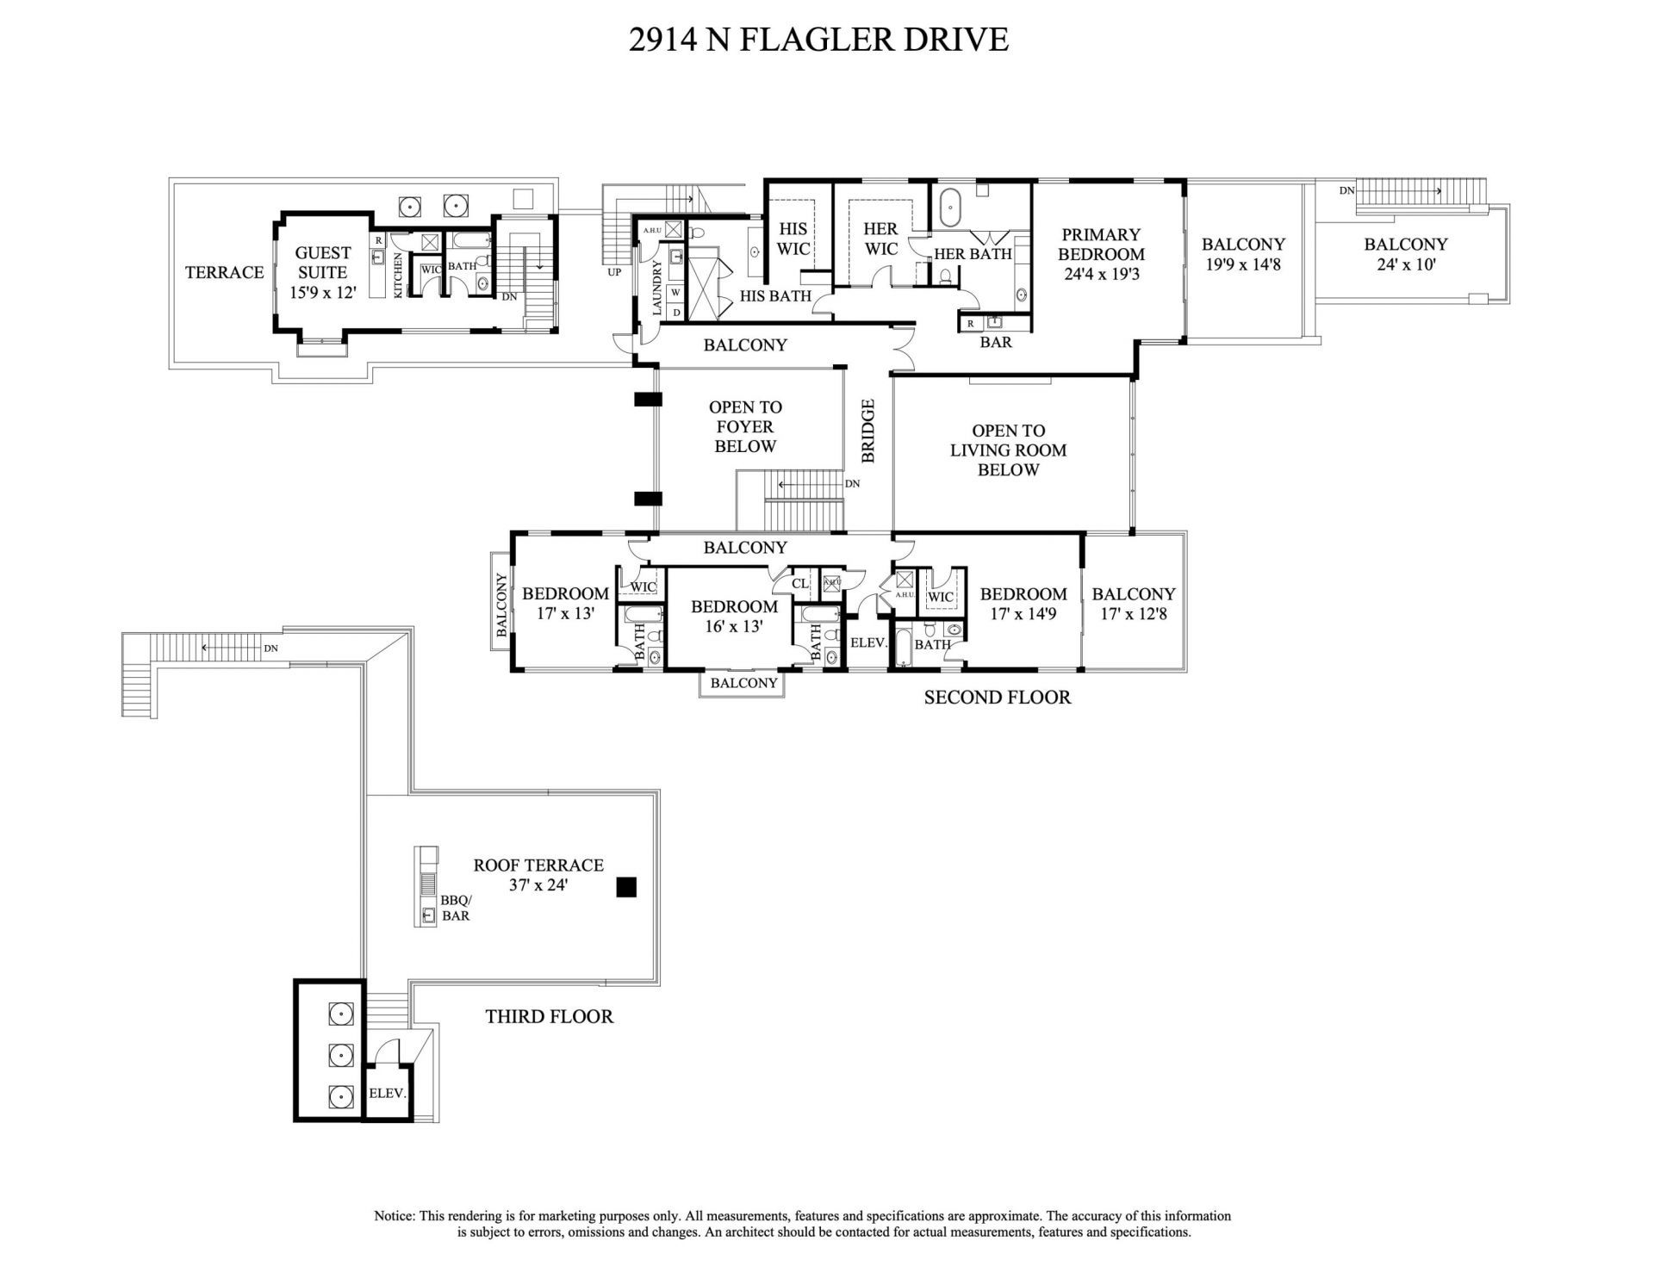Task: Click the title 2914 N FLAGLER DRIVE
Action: click(x=818, y=40)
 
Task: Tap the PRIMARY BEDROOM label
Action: click(x=1101, y=255)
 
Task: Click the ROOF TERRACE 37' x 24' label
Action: click(x=538, y=874)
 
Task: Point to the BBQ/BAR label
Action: click(x=456, y=908)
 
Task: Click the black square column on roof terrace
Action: click(x=627, y=887)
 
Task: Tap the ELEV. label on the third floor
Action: click(x=387, y=1093)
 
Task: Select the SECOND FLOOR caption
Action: click(x=997, y=698)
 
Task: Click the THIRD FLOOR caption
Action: click(x=549, y=1016)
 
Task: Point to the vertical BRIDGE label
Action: click(x=868, y=431)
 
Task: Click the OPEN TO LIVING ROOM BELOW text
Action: click(x=1008, y=450)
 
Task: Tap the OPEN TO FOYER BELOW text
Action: click(x=745, y=426)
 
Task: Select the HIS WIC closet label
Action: click(x=793, y=239)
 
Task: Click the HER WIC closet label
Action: click(x=880, y=239)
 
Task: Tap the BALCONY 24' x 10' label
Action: click(x=1405, y=254)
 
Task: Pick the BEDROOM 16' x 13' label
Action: click(x=734, y=617)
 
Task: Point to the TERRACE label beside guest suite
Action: click(x=224, y=272)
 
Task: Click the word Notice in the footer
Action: click(x=394, y=1216)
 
